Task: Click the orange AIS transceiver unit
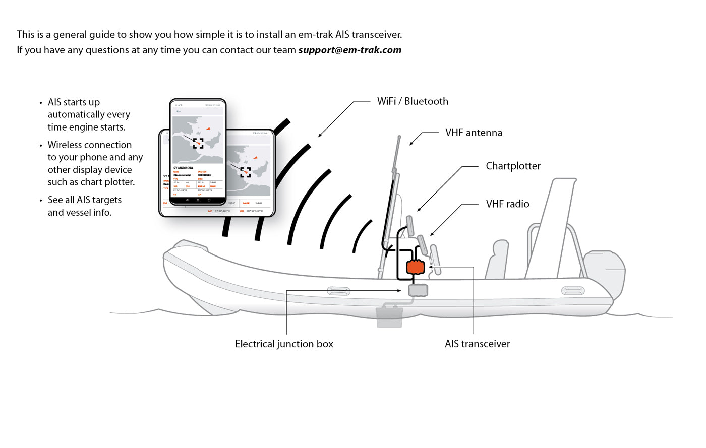click(x=416, y=267)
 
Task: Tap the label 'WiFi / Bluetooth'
click(x=413, y=101)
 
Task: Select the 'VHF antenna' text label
click(x=474, y=133)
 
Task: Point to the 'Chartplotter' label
click(x=513, y=166)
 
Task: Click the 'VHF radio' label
click(x=507, y=204)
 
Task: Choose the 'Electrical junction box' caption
click(x=284, y=344)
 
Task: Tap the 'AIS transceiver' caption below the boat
click(x=477, y=344)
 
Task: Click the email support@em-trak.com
click(x=349, y=50)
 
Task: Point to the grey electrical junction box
click(x=418, y=290)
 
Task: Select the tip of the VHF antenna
click(x=399, y=138)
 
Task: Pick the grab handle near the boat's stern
click(x=573, y=291)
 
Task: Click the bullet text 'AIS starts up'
click(x=74, y=102)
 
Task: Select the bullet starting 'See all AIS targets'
click(x=84, y=200)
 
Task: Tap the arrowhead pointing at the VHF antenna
click(x=411, y=143)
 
